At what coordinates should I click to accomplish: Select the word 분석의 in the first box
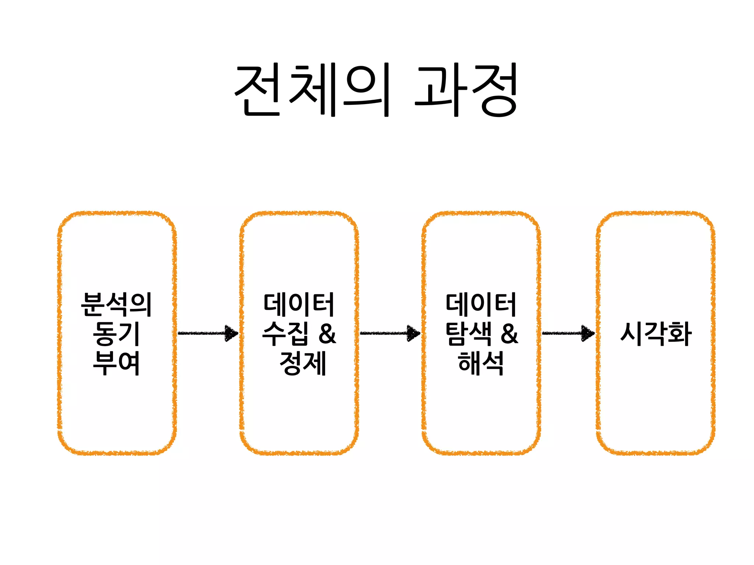[116, 305]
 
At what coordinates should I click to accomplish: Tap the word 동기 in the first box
[116, 334]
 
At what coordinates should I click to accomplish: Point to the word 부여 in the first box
[116, 363]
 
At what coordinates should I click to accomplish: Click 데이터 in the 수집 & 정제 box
[299, 305]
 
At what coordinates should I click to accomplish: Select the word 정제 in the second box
[303, 363]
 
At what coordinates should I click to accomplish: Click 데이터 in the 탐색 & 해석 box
[481, 305]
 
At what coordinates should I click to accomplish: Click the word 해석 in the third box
[481, 363]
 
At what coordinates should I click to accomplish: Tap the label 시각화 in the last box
[656, 334]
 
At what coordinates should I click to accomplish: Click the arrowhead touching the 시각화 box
[588, 333]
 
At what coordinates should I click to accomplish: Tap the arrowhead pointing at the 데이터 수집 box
[232, 333]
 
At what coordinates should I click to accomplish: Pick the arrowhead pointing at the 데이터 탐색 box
[413, 333]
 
